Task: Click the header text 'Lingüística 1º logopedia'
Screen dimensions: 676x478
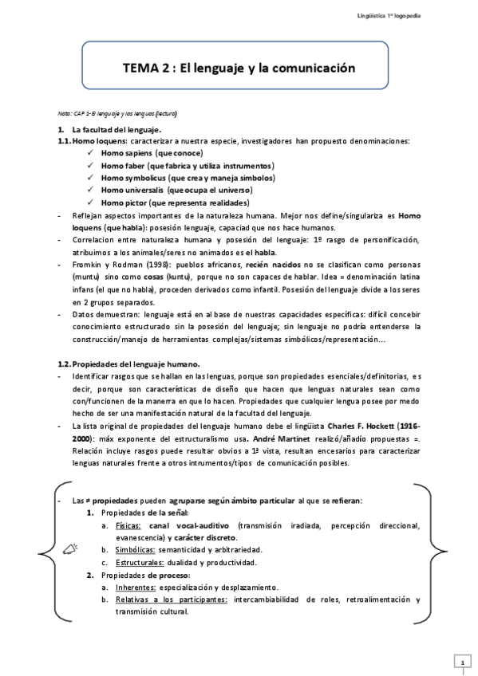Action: (x=413, y=16)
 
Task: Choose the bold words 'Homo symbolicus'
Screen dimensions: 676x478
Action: (x=134, y=178)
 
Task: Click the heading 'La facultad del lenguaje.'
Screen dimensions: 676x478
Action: (x=117, y=129)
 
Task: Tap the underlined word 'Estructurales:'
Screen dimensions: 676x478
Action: (x=140, y=562)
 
